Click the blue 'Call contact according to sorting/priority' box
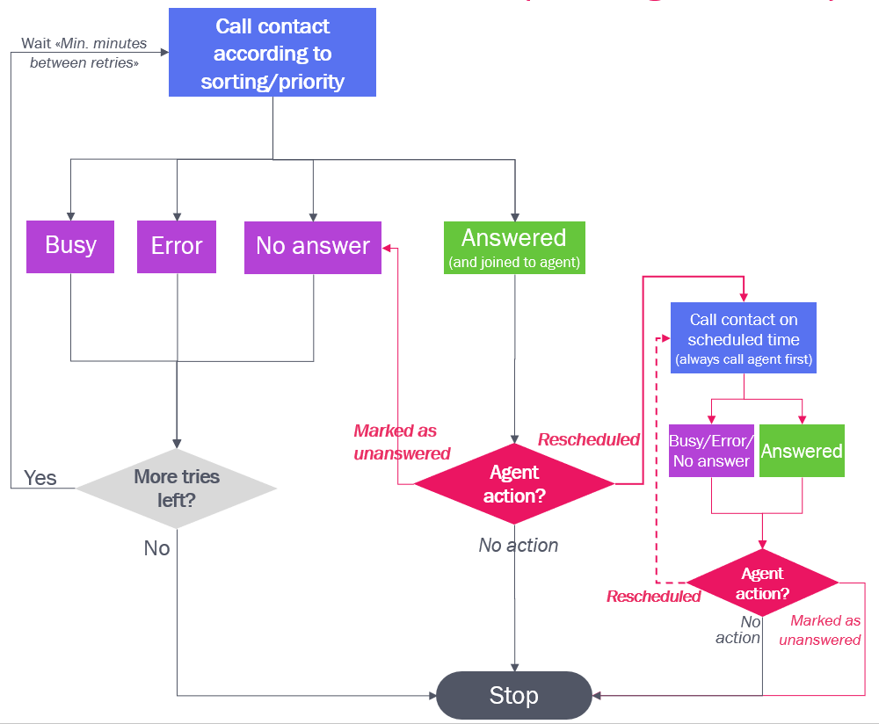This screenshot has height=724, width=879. click(x=272, y=53)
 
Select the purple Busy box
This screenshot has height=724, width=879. click(x=70, y=246)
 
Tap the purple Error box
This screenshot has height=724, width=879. click(x=177, y=246)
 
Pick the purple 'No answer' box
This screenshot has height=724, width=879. click(x=313, y=246)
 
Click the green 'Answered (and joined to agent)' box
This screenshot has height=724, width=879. click(x=514, y=247)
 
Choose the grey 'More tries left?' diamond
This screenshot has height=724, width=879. click(x=177, y=488)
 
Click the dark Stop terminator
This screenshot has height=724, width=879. click(x=514, y=696)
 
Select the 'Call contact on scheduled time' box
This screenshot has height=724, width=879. click(x=744, y=338)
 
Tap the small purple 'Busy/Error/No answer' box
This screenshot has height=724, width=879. click(x=711, y=451)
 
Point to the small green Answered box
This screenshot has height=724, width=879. click(x=802, y=451)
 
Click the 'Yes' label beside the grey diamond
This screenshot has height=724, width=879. click(x=40, y=478)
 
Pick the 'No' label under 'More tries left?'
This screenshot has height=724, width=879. click(x=156, y=548)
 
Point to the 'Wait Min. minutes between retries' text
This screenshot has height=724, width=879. click(x=84, y=53)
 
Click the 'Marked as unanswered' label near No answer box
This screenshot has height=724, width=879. click(x=401, y=442)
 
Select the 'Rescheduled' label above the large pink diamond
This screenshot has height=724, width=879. click(x=589, y=439)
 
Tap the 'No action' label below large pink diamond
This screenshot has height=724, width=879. click(x=519, y=546)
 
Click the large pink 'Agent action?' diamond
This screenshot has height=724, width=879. click(x=514, y=484)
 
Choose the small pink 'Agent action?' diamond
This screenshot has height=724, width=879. click(x=762, y=583)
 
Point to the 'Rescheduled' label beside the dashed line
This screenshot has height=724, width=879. click(x=653, y=597)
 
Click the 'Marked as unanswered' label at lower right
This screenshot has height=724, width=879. click(x=821, y=631)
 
